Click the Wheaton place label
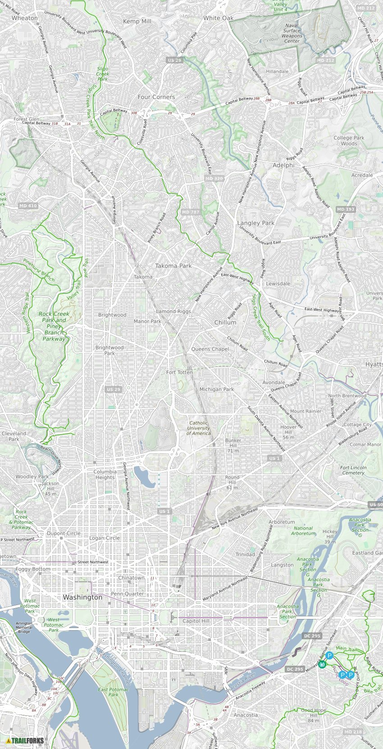pyautogui.click(x=25, y=18)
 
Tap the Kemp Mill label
pyautogui.click(x=137, y=21)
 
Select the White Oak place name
pyautogui.click(x=218, y=18)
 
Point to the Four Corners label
pyautogui.click(x=156, y=97)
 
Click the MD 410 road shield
pyautogui.click(x=28, y=206)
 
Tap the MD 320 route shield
pyautogui.click(x=214, y=179)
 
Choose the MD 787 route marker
pyautogui.click(x=191, y=212)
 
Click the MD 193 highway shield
pyautogui.click(x=346, y=209)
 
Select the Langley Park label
pyautogui.click(x=255, y=223)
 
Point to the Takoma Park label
pyautogui.click(x=173, y=266)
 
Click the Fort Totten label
pyautogui.click(x=179, y=372)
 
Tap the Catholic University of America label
pyautogui.click(x=199, y=428)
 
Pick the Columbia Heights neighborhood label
pyautogui.click(x=105, y=475)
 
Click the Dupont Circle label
pyautogui.click(x=64, y=534)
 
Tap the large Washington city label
pyautogui.click(x=82, y=597)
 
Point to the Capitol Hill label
pyautogui.click(x=196, y=621)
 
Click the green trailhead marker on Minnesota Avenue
pyautogui.click(x=322, y=664)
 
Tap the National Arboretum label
pyautogui.click(x=303, y=531)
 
